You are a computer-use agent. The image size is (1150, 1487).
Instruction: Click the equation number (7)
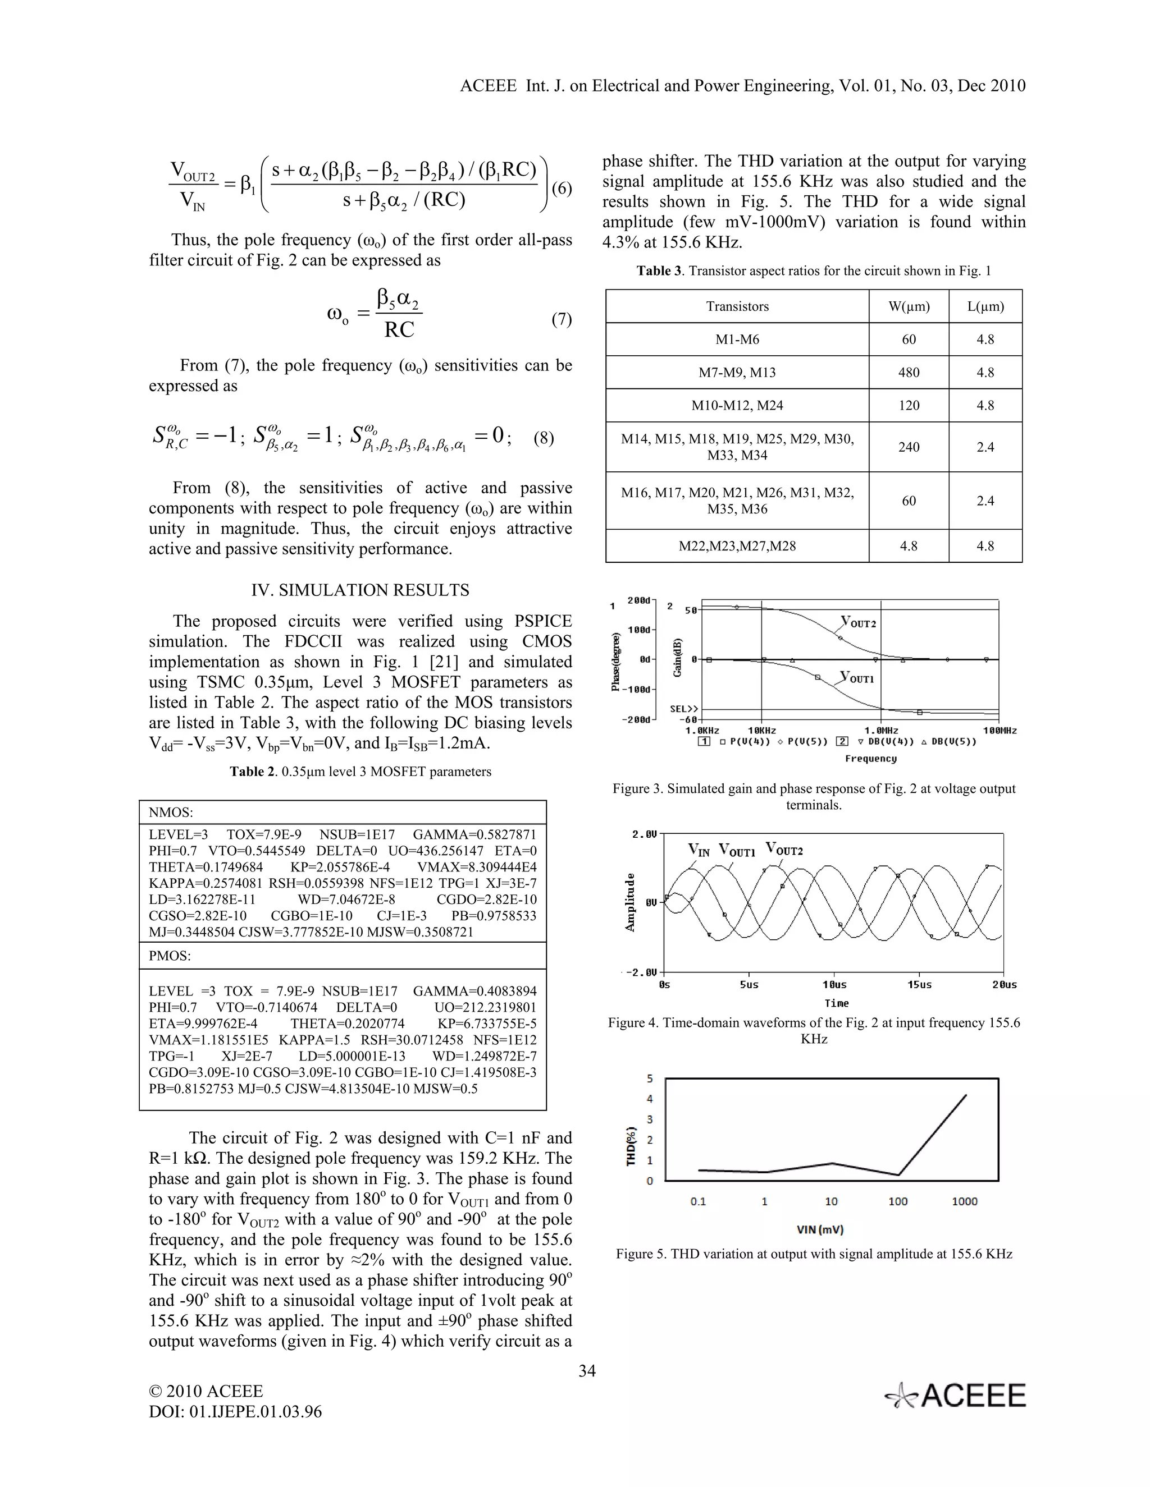(x=561, y=319)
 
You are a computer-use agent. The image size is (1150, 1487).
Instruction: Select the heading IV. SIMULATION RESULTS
(x=360, y=590)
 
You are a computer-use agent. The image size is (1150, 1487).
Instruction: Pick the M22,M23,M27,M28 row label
(x=737, y=546)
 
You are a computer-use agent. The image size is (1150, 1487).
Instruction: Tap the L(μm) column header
(x=985, y=306)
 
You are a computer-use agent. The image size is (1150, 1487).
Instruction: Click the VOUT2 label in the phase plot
(x=859, y=622)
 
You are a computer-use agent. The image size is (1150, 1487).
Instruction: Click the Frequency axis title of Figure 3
(x=871, y=759)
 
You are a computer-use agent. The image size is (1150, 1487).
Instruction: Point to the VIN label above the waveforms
(x=699, y=850)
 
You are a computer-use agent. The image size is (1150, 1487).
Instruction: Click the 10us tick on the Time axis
(x=834, y=985)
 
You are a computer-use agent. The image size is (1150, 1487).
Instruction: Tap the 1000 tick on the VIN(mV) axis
(x=964, y=1202)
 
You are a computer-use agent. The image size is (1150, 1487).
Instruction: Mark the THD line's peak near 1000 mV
(x=965, y=1095)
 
